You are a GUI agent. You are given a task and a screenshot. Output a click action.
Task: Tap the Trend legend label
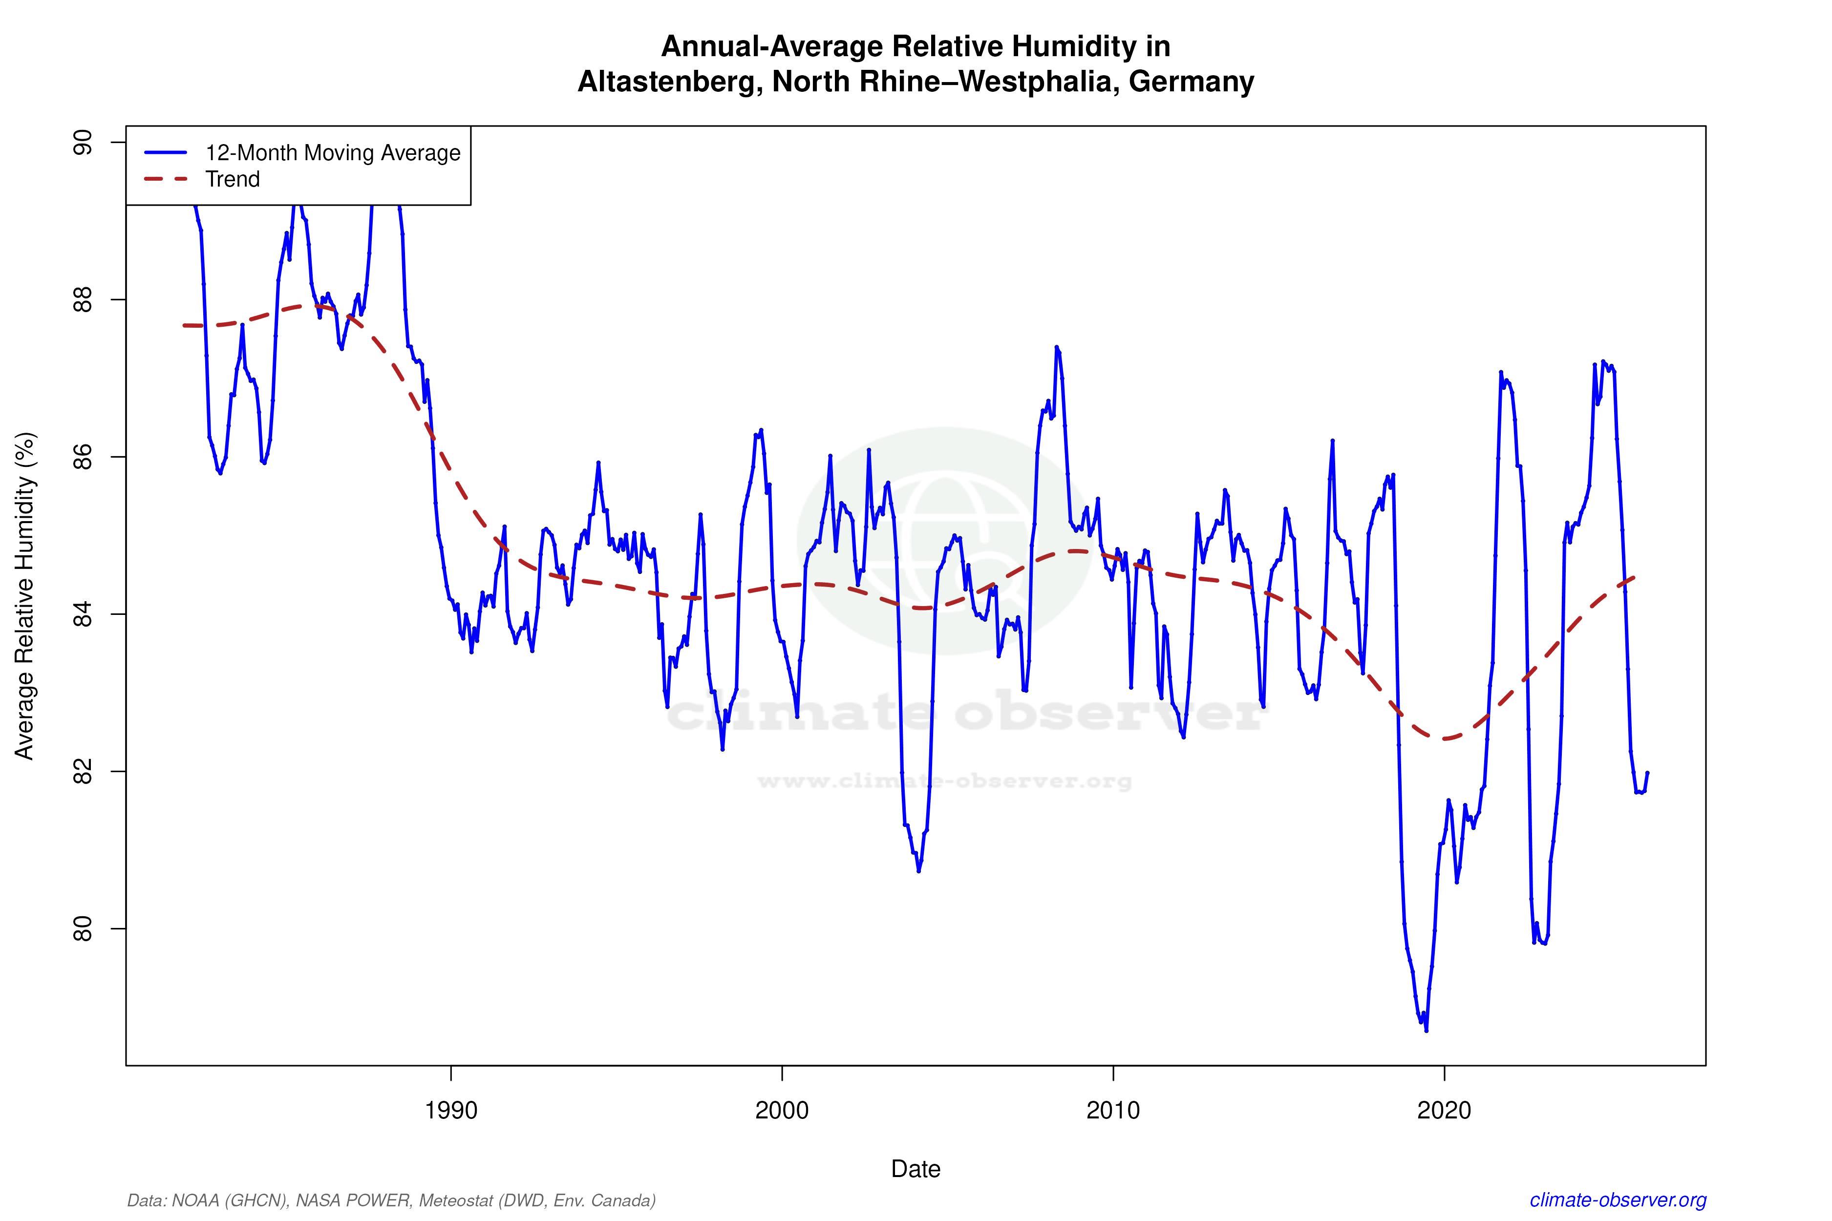pyautogui.click(x=232, y=179)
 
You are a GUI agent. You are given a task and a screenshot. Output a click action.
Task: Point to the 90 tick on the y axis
pyautogui.click(x=82, y=143)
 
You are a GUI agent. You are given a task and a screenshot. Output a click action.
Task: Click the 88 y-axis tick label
pyautogui.click(x=82, y=300)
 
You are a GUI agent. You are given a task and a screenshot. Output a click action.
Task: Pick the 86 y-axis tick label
pyautogui.click(x=82, y=457)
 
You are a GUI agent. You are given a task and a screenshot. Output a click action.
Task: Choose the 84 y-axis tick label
pyautogui.click(x=82, y=614)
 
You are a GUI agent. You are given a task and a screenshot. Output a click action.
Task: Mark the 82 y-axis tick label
pyautogui.click(x=82, y=772)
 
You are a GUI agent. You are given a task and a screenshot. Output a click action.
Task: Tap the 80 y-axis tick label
pyautogui.click(x=82, y=929)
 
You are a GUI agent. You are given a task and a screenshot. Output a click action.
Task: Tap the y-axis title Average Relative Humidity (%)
pyautogui.click(x=25, y=596)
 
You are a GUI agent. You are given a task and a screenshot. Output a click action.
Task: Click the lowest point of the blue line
pyautogui.click(x=1426, y=1030)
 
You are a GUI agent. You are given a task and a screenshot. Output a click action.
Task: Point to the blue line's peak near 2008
pyautogui.click(x=1056, y=347)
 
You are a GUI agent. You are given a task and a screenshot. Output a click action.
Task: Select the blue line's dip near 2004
pyautogui.click(x=919, y=871)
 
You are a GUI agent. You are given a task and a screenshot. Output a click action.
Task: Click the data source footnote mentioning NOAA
pyautogui.click(x=391, y=1200)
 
